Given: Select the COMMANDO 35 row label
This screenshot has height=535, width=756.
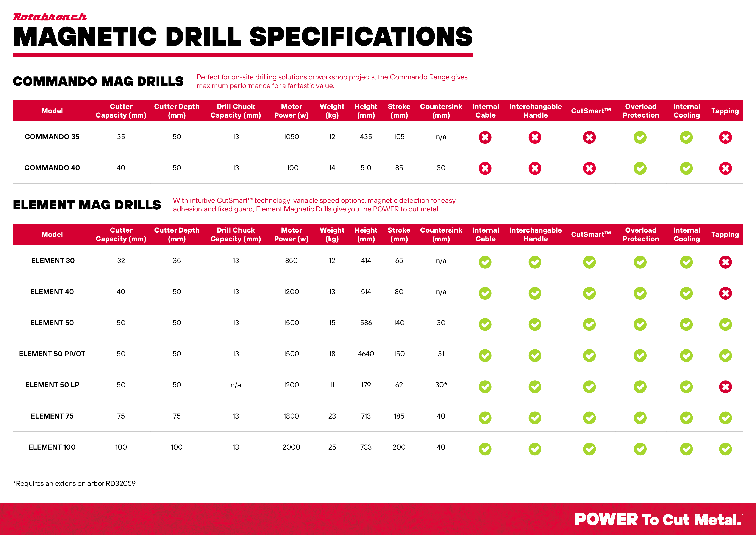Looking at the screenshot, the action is [52, 137].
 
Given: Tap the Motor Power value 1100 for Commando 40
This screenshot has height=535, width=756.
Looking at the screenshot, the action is [291, 168].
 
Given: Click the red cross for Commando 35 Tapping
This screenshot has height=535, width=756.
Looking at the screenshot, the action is [725, 137].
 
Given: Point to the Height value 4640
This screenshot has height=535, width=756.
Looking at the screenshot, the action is [366, 354].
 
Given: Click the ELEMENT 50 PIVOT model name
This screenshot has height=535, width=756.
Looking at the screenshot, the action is [52, 354].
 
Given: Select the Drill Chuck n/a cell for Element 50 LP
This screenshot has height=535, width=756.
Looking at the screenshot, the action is [236, 385].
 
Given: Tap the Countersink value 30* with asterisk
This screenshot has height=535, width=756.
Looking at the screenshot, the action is [441, 385].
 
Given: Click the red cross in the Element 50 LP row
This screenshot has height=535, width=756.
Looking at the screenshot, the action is [725, 387].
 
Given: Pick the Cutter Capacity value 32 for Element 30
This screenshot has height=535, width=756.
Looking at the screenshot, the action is [121, 260].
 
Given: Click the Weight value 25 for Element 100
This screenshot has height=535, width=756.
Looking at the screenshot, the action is [332, 447].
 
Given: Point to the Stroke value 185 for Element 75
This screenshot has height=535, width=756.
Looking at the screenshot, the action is [399, 416].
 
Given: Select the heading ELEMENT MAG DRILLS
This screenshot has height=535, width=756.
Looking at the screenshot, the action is [87, 205].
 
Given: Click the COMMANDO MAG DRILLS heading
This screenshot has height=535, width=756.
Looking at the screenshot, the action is [98, 81].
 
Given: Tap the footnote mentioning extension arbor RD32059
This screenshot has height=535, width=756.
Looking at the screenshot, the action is [75, 483].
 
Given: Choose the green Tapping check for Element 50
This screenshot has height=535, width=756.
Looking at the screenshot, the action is [725, 324].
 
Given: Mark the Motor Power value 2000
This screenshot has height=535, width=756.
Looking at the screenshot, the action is [291, 447].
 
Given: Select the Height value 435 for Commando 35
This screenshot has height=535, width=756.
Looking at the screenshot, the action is [366, 137].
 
